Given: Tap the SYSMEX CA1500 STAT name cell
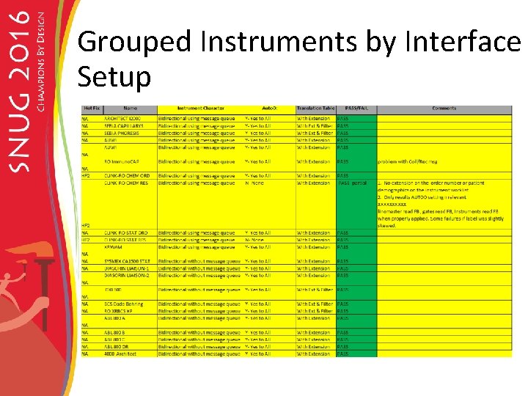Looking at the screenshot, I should [127, 261].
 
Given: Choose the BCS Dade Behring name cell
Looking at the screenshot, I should [124, 304].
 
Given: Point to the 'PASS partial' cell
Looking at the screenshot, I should [352, 183].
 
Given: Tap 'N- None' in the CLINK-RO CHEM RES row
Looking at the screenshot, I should [254, 183].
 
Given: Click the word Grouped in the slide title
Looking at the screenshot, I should [135, 43].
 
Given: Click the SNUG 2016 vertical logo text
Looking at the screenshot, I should [23, 95].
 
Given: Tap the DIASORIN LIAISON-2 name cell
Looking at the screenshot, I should [127, 275].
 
